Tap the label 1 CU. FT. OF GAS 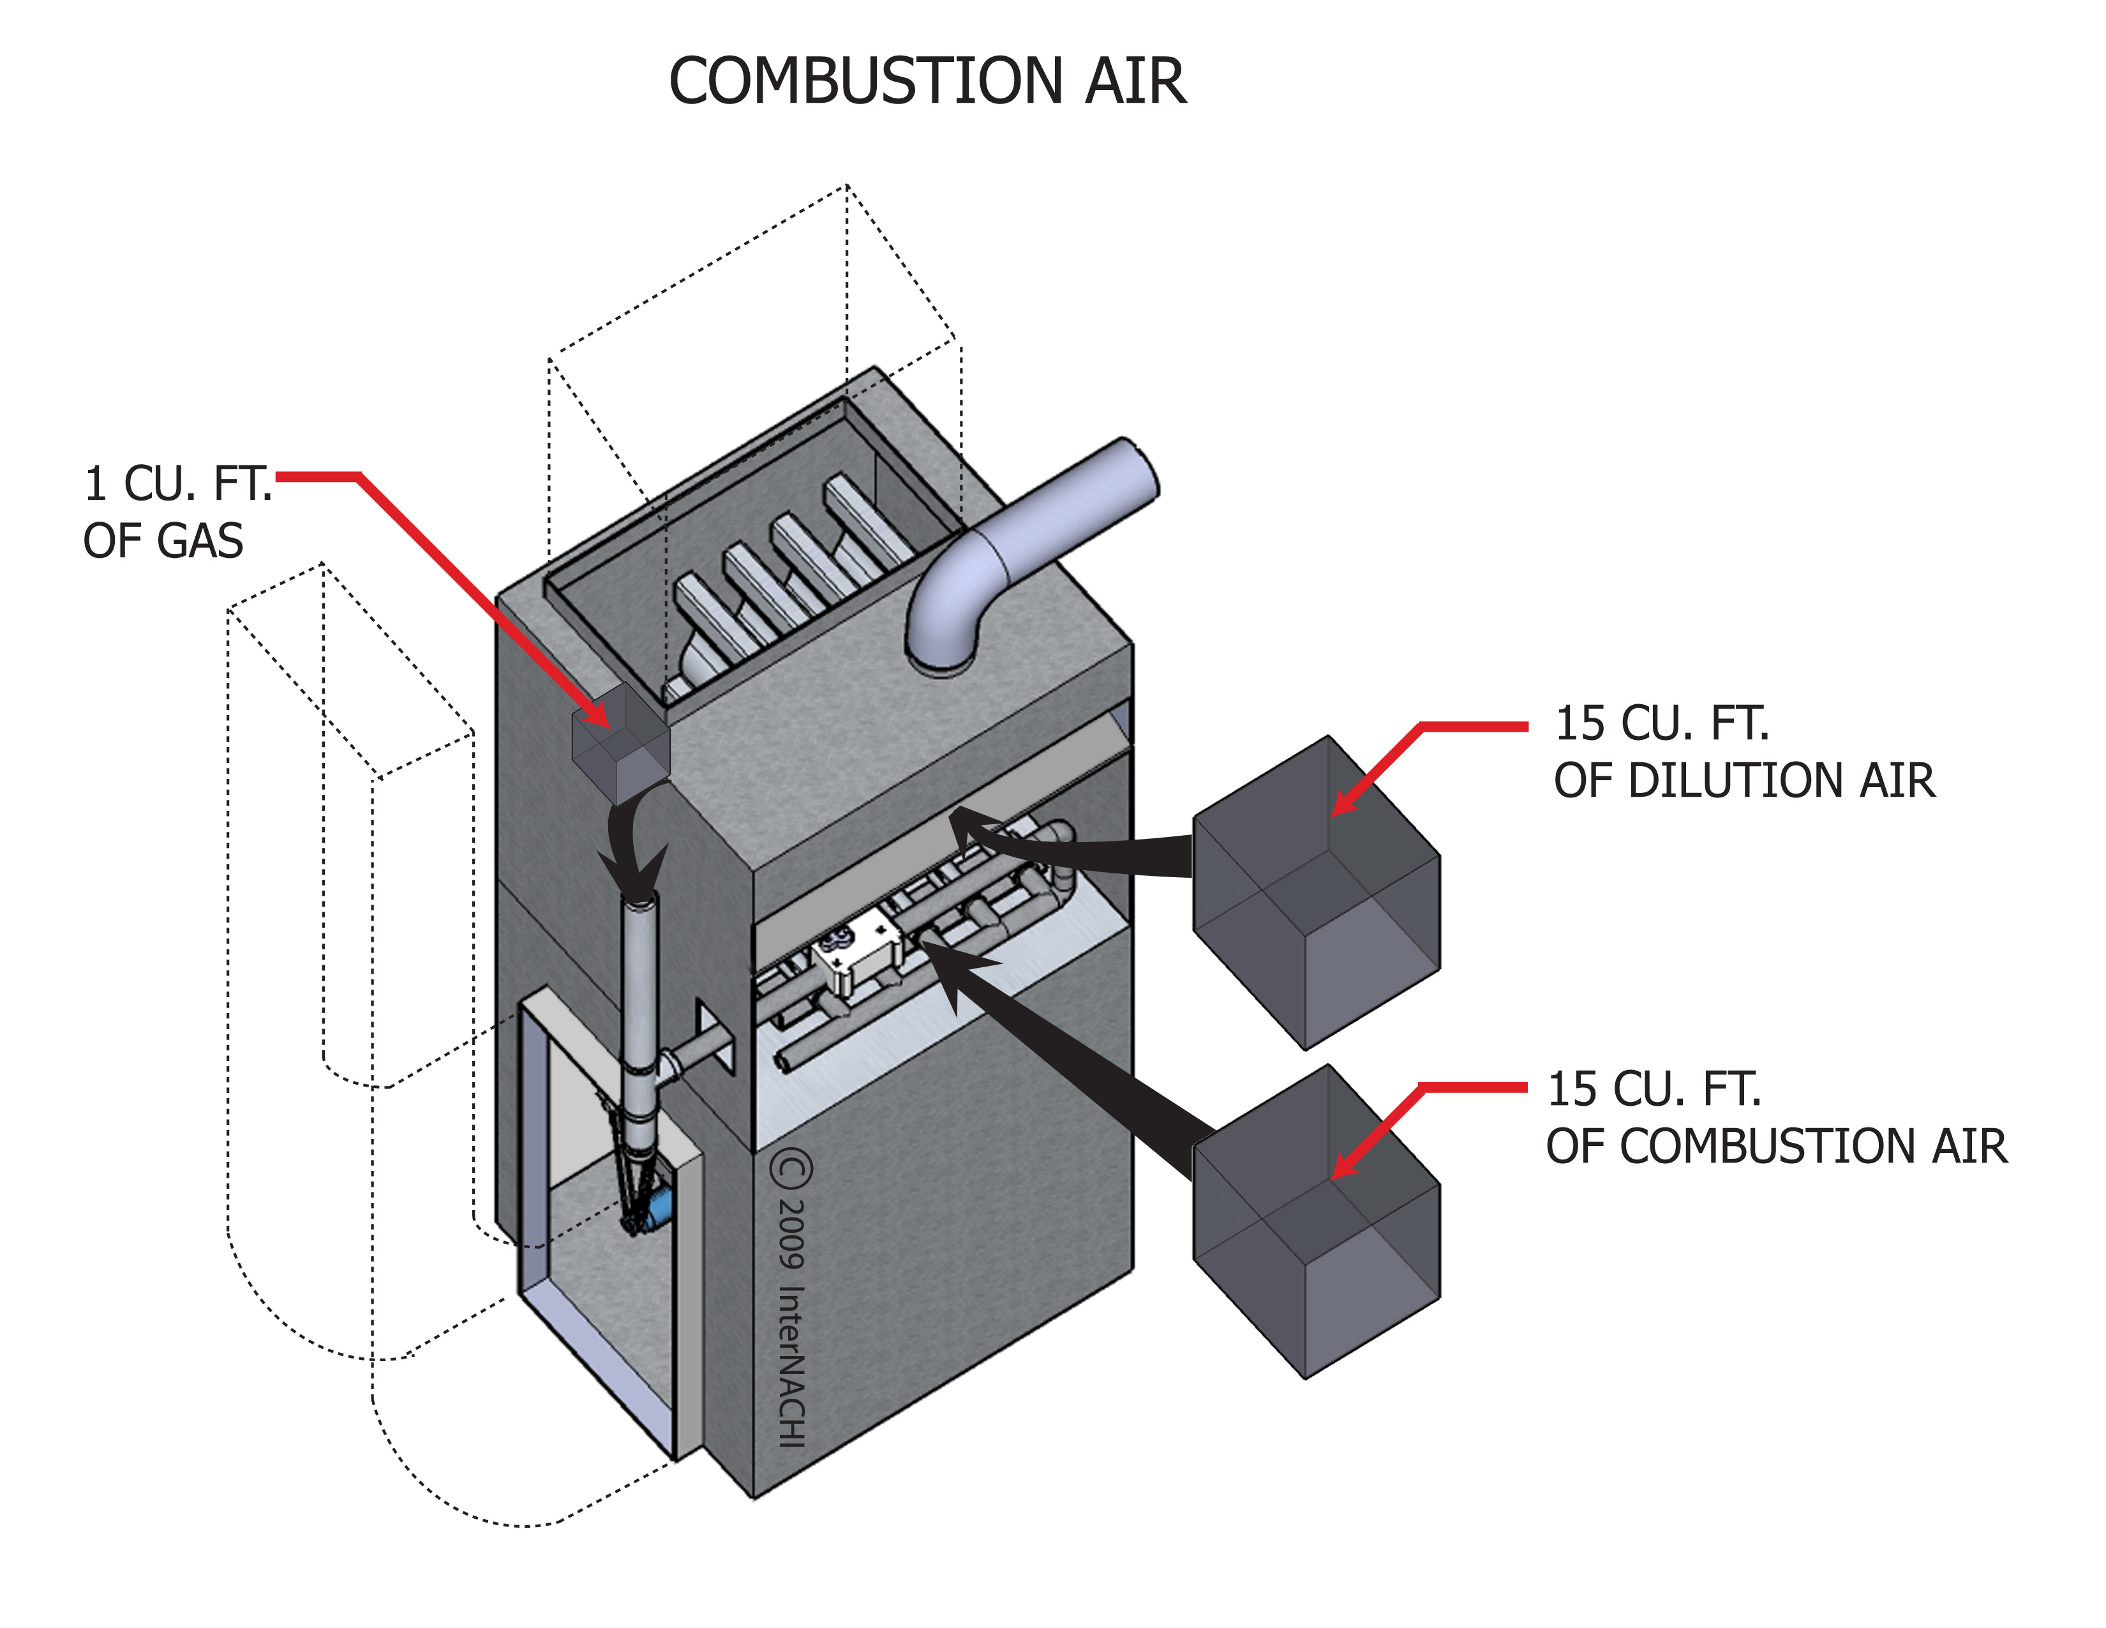point(174,511)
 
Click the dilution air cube point(1316,892)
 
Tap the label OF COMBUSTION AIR point(1776,1146)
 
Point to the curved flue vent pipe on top point(1022,550)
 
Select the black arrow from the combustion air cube point(1061,1061)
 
